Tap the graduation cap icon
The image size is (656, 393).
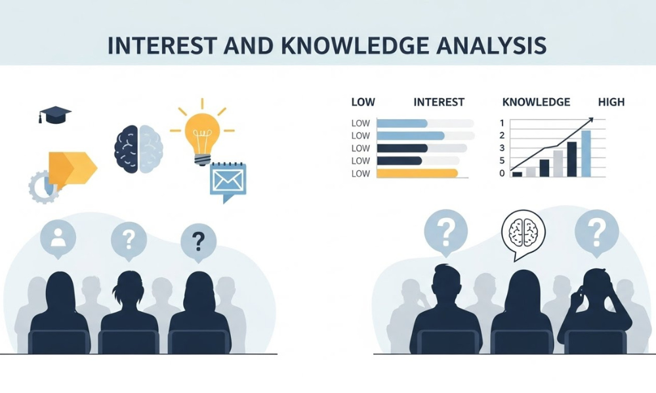click(54, 115)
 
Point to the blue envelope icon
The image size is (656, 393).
click(228, 179)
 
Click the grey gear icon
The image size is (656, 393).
click(41, 187)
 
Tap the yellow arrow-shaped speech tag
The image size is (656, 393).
click(71, 168)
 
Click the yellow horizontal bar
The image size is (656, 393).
click(417, 174)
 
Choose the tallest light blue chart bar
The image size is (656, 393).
click(586, 153)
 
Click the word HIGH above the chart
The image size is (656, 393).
click(611, 102)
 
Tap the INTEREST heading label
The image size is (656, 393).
click(439, 102)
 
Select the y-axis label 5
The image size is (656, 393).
click(502, 160)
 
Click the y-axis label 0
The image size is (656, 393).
click(502, 174)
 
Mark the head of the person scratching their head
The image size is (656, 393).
click(594, 286)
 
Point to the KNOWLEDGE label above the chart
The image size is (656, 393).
click(536, 102)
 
